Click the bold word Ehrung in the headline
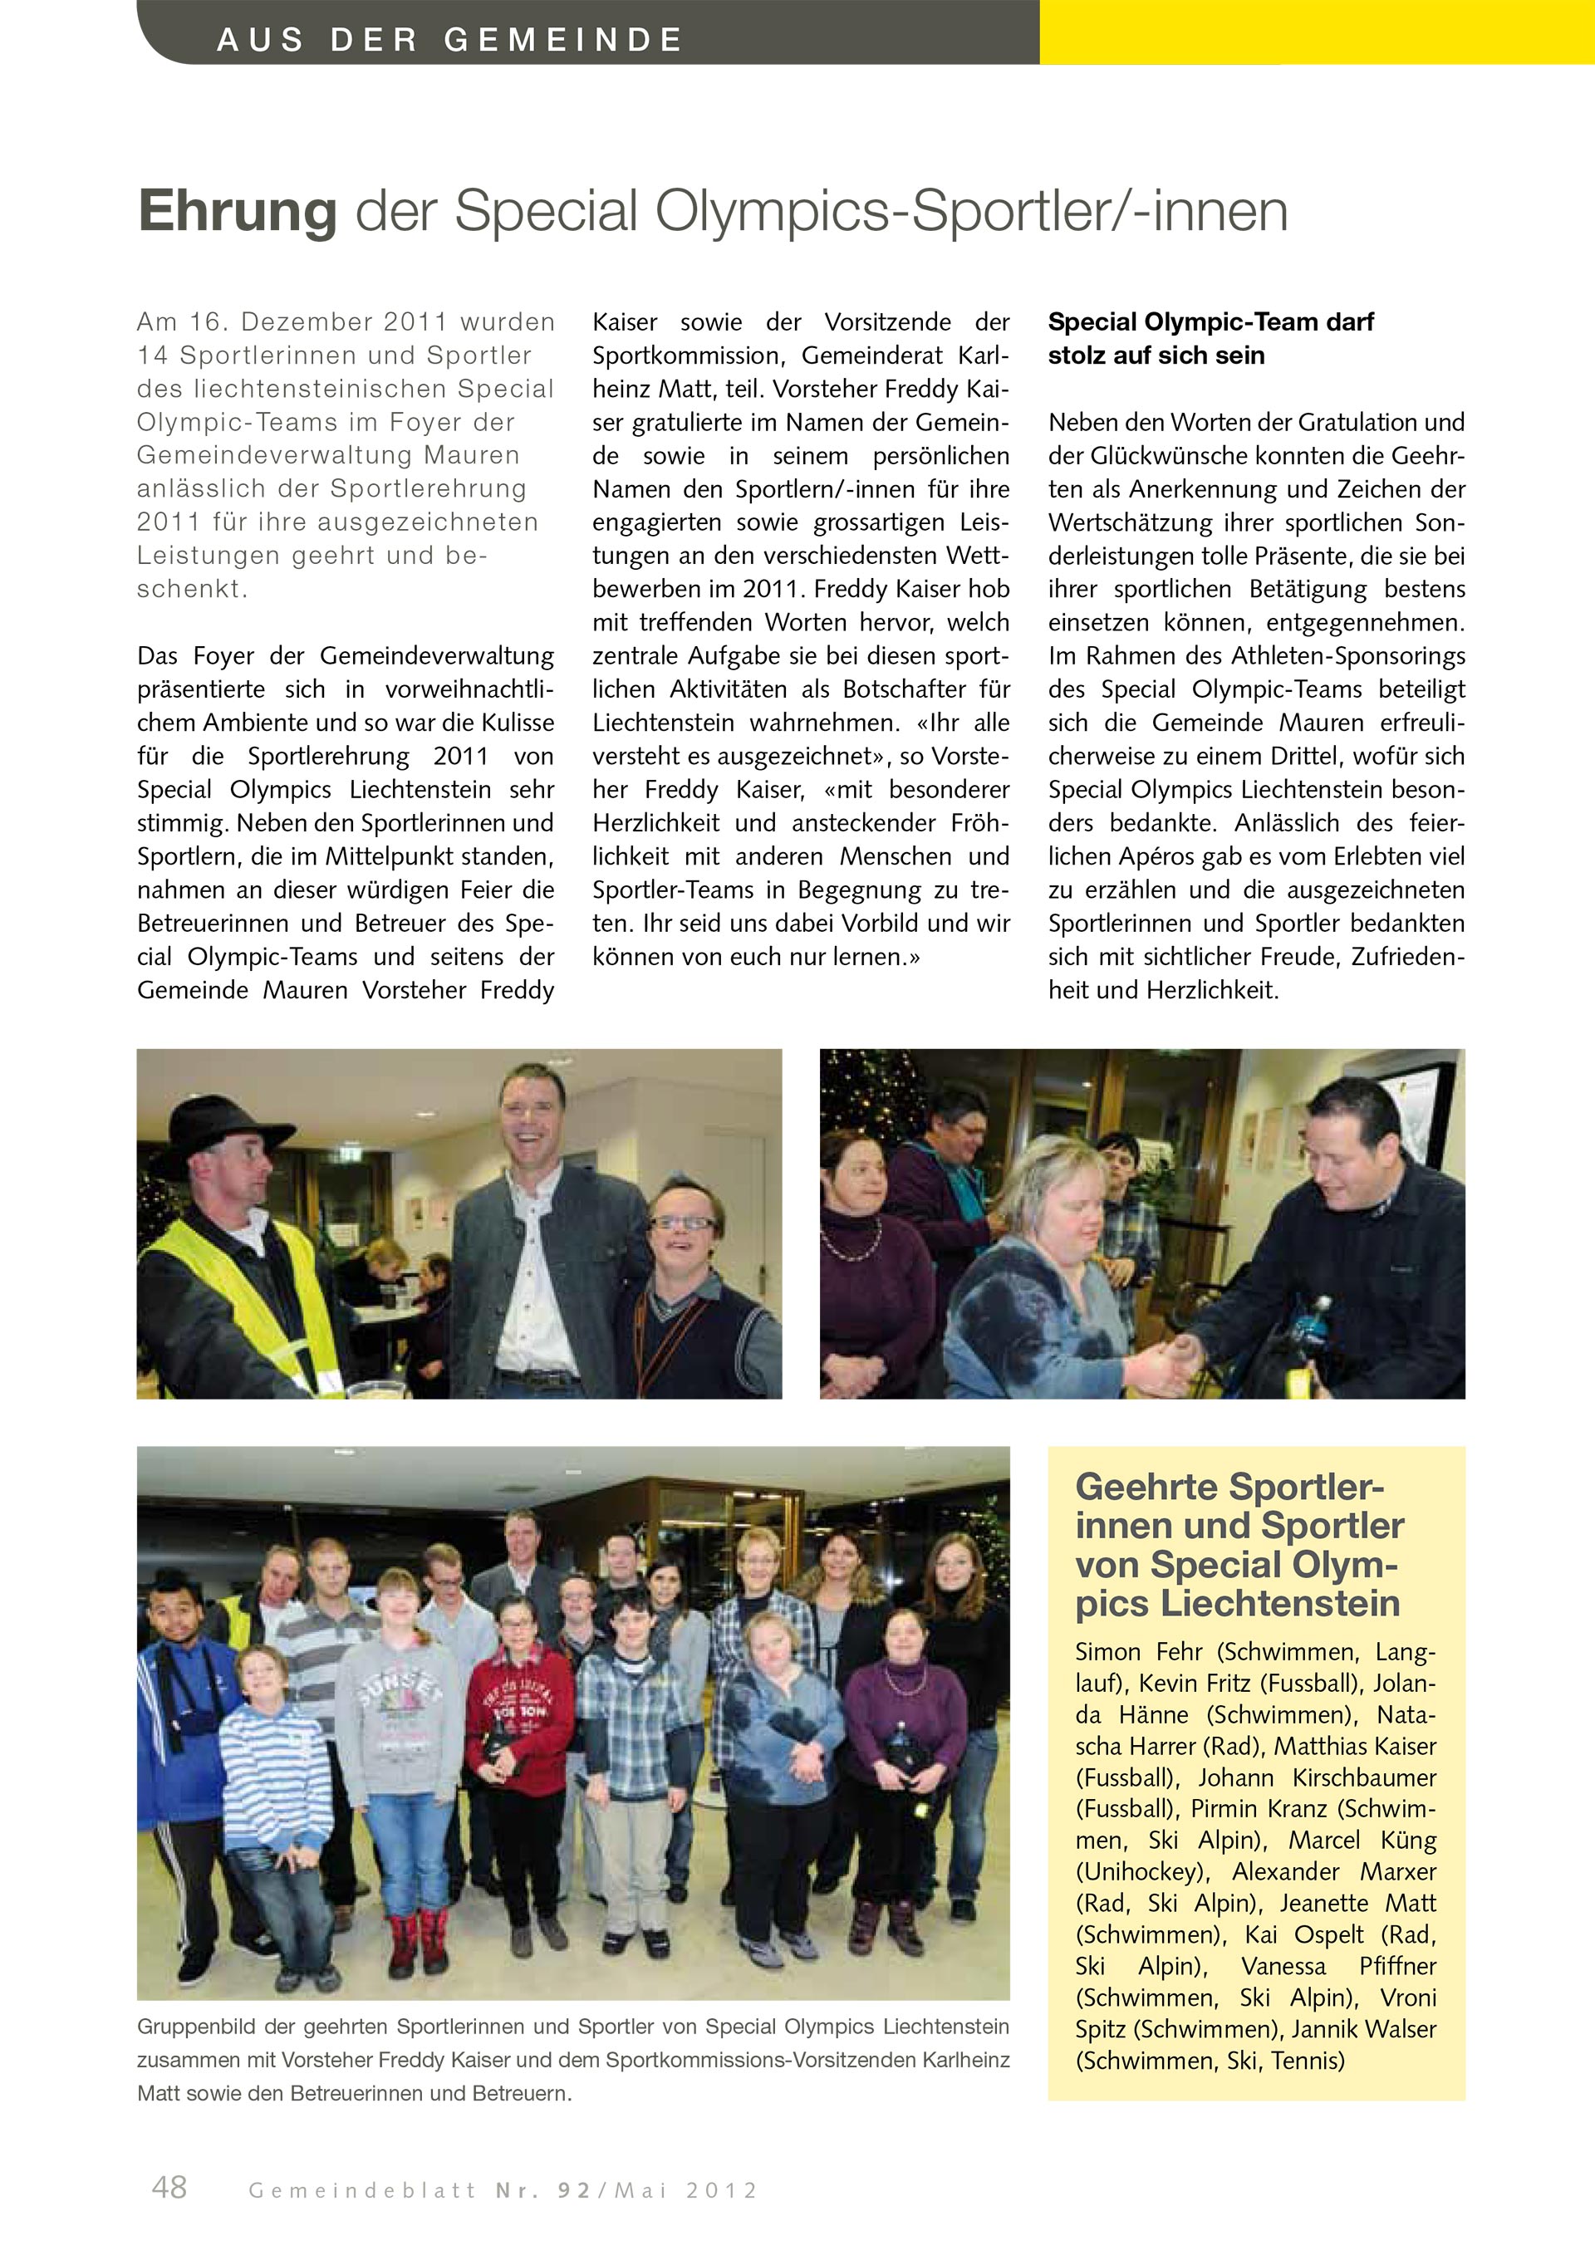tap(237, 211)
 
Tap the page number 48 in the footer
tap(169, 2187)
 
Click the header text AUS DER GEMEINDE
tap(449, 39)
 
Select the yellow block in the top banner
tap(1316, 32)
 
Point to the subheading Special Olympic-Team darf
tap(1210, 322)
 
